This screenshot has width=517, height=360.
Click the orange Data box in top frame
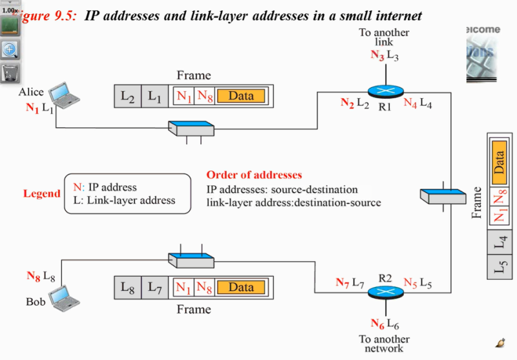[241, 96]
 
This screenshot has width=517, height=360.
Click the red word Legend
[41, 194]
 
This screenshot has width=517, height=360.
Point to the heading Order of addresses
[254, 175]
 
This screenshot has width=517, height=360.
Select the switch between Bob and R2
[191, 259]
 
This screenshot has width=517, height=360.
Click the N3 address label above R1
[377, 56]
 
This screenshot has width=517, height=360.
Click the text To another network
[384, 344]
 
